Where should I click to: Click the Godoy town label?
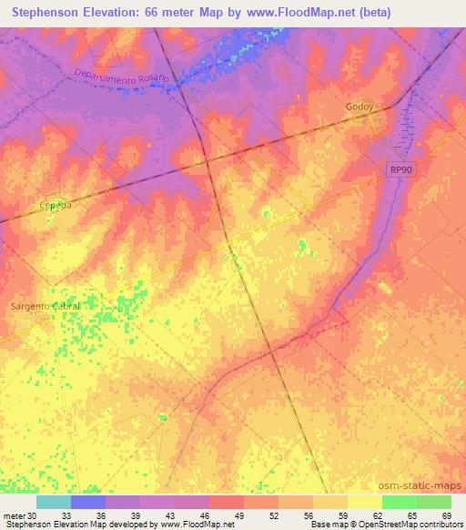(x=360, y=107)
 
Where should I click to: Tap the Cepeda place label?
(x=56, y=206)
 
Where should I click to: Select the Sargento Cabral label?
(x=45, y=306)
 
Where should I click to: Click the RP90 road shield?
(x=396, y=169)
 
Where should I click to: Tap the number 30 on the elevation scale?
(x=32, y=515)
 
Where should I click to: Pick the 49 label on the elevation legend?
(x=239, y=515)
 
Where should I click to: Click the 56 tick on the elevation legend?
(x=309, y=515)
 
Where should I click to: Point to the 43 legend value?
(x=170, y=515)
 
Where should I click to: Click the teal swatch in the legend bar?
(x=54, y=502)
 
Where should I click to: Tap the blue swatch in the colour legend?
(x=88, y=502)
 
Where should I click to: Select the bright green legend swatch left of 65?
(x=399, y=502)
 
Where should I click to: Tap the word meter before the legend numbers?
(x=13, y=515)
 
